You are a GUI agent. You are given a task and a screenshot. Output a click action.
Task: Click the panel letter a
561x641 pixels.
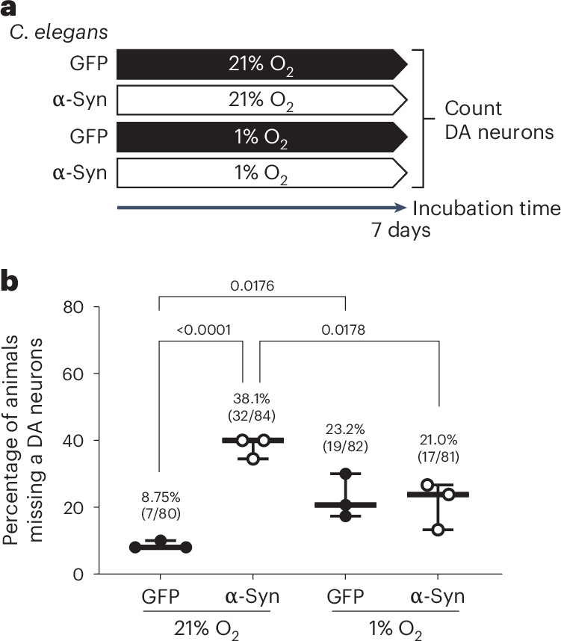8,8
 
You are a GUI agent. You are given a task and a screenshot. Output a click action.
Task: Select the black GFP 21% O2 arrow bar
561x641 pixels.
262,64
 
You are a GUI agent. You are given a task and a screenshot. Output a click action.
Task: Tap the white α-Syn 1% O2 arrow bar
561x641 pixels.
262,173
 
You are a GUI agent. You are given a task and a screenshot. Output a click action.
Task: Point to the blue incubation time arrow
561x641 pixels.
261,208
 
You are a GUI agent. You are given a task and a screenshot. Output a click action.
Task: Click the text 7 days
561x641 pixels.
400,230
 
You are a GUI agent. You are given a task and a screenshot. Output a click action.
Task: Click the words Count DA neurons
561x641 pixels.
499,120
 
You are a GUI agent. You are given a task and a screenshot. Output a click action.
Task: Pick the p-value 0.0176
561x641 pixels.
252,285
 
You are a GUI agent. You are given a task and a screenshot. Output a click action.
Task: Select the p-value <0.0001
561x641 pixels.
204,329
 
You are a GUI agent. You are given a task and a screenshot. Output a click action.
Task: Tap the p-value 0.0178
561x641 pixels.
343,329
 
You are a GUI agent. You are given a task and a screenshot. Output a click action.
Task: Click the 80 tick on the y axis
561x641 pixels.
73,307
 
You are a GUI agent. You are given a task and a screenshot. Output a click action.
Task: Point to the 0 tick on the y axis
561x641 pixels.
78,575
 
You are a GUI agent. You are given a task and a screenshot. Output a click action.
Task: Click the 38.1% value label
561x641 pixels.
252,398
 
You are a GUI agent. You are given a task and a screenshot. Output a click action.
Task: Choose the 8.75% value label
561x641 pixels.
161,497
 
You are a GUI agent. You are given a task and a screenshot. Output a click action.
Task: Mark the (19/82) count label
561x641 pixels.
345,446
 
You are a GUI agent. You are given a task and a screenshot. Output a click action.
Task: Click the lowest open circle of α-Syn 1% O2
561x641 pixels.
438,530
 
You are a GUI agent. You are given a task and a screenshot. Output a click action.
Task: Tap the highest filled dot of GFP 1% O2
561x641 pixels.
346,474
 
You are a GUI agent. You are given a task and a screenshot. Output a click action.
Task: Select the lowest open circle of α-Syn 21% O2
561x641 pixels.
253,459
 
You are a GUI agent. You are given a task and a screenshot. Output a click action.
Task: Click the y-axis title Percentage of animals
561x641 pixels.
10,440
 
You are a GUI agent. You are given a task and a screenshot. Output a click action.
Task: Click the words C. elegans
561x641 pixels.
58,32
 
